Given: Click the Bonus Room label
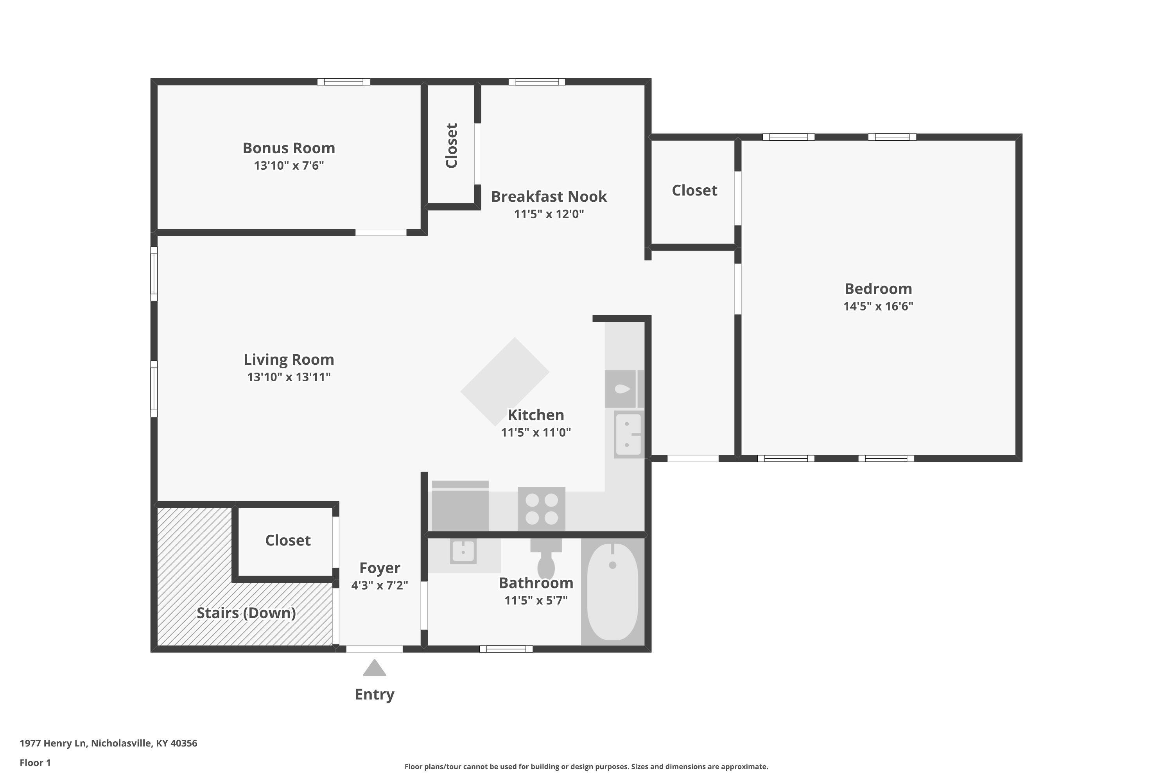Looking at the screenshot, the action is pyautogui.click(x=289, y=148).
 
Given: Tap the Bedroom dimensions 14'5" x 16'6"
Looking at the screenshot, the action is pyautogui.click(x=878, y=306).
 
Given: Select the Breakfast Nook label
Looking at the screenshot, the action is pyautogui.click(x=549, y=197).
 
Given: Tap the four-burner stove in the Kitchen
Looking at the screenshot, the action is pyautogui.click(x=542, y=509).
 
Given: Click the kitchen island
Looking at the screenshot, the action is pyautogui.click(x=505, y=382).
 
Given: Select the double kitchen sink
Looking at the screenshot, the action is pyautogui.click(x=628, y=434).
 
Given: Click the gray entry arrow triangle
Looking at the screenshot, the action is pyautogui.click(x=375, y=668).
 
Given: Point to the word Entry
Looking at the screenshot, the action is pyautogui.click(x=375, y=694).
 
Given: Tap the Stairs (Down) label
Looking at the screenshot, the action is pyautogui.click(x=246, y=613).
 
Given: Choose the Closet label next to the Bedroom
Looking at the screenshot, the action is pyautogui.click(x=694, y=190).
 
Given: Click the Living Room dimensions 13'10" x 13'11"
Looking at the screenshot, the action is pyautogui.click(x=289, y=377).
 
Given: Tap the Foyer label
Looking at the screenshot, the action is pyautogui.click(x=380, y=568).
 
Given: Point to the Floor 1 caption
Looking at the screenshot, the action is pyautogui.click(x=36, y=762).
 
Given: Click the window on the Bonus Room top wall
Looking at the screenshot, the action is pyautogui.click(x=344, y=82).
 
